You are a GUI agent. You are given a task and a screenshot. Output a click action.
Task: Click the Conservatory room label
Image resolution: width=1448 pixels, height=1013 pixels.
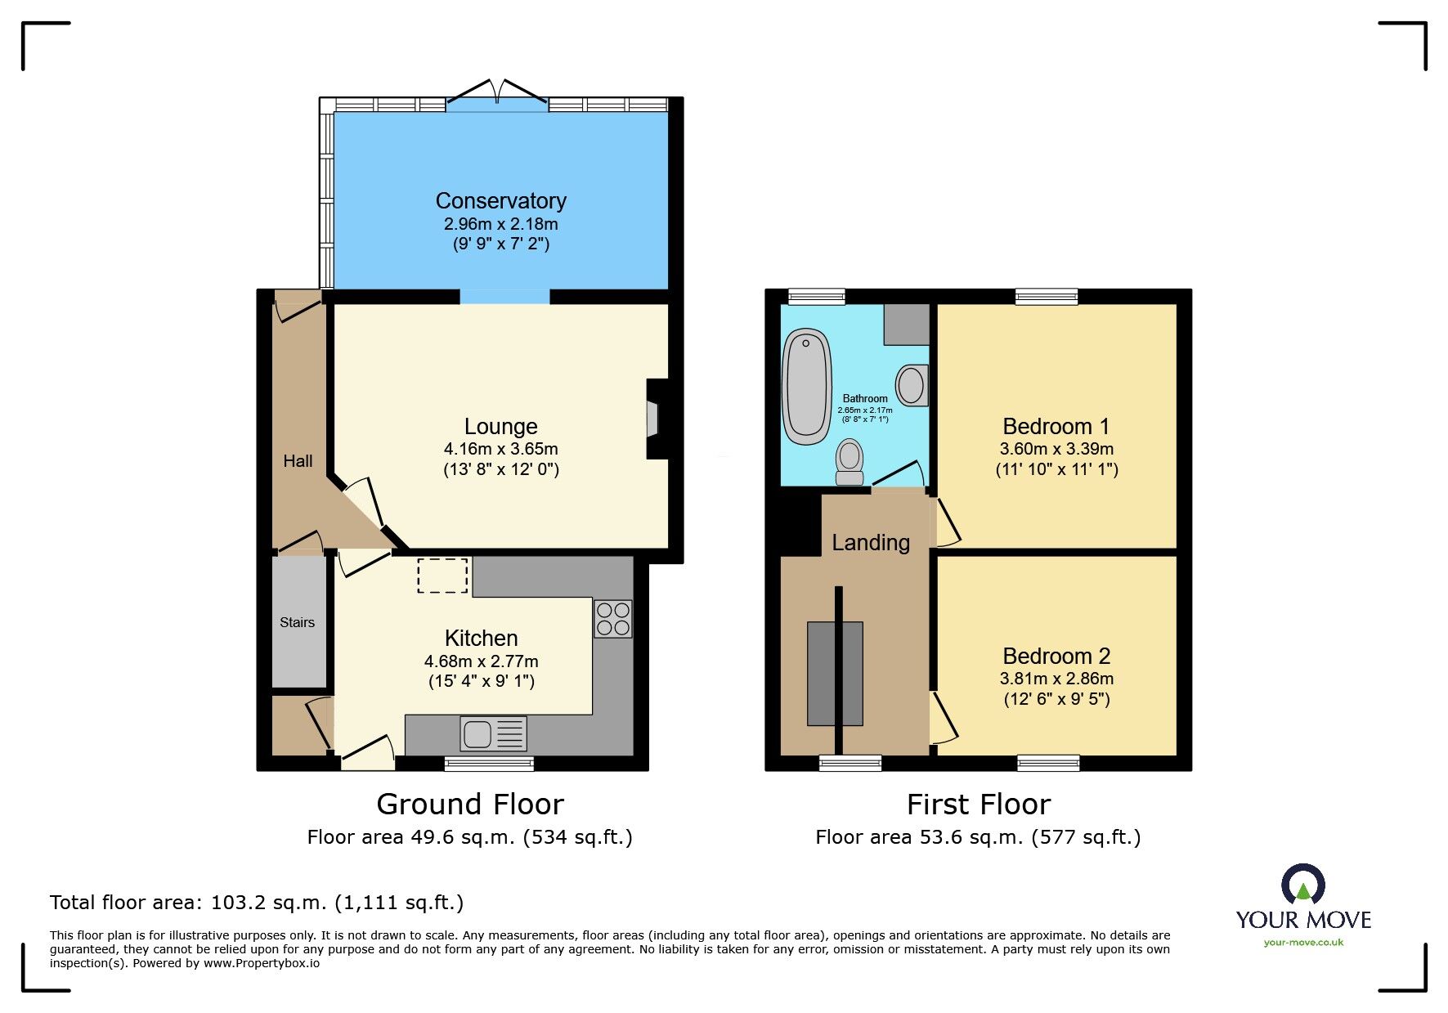[500, 200]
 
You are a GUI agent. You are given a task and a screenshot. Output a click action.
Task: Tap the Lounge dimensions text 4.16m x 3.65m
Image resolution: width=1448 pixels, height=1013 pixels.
[500, 449]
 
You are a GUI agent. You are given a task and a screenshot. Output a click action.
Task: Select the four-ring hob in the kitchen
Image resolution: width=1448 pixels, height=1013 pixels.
[612, 619]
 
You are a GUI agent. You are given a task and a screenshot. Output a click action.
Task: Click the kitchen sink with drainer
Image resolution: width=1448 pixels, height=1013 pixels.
[493, 733]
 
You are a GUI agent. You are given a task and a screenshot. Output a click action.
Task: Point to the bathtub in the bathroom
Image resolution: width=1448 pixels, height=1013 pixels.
[807, 387]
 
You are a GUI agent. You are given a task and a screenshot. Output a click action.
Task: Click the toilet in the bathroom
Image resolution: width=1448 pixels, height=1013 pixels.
[850, 462]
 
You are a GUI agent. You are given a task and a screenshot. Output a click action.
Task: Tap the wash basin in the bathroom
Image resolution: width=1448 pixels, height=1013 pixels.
[912, 385]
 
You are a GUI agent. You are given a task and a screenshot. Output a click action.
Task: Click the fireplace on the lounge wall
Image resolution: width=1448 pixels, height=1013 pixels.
[656, 419]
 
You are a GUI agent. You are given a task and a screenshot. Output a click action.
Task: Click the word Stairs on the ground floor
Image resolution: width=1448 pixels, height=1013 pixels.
[297, 622]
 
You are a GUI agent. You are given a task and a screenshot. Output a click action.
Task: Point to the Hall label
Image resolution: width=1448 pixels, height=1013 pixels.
[298, 461]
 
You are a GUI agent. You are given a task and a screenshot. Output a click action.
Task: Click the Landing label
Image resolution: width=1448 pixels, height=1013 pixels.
[871, 543]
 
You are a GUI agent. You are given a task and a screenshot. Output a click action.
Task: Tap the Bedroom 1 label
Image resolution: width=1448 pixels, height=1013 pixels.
[1056, 426]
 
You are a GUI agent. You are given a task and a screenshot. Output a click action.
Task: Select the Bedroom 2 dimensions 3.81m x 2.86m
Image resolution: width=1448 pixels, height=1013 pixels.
[1056, 679]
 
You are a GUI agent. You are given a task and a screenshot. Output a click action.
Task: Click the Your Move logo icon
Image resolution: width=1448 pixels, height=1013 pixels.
[1302, 885]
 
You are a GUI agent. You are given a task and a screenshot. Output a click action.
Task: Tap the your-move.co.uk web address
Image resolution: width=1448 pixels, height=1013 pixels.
[1303, 943]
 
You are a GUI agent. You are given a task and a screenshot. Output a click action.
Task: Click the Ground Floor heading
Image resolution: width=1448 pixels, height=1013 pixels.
[470, 805]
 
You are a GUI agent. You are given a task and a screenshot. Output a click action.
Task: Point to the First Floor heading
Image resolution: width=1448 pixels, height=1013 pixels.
[978, 805]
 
